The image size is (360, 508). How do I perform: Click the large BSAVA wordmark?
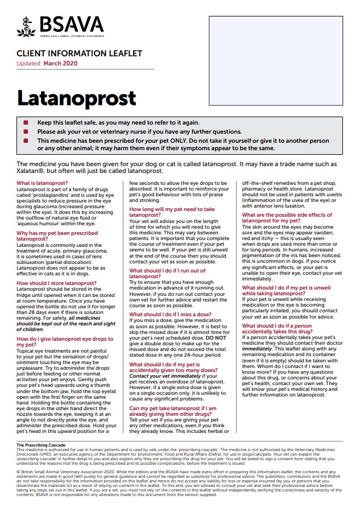[71, 24]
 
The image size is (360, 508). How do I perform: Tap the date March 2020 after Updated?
[61, 63]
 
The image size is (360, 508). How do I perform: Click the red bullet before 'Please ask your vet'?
[25, 131]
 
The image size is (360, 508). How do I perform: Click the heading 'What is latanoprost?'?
[42, 183]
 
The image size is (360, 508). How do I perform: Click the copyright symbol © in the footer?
[18, 472]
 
